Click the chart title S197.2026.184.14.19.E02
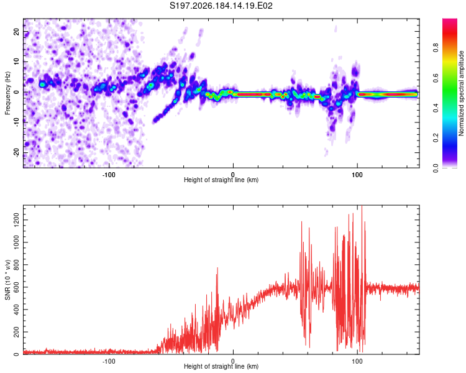click(x=221, y=6)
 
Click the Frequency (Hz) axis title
click(x=7, y=93)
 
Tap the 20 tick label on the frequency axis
click(x=16, y=31)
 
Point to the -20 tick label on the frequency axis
click(x=16, y=153)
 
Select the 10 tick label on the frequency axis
click(x=16, y=62)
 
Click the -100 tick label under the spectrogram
click(x=109, y=175)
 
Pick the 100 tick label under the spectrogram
click(x=357, y=175)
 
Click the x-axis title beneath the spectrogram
click(x=221, y=180)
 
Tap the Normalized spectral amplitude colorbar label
click(x=461, y=93)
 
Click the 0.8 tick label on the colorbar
click(x=436, y=48)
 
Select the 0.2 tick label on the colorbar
click(x=436, y=138)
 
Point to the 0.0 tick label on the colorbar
click(x=436, y=168)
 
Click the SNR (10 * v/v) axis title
click(x=7, y=280)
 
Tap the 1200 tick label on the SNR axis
click(x=16, y=220)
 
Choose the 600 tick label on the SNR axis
click(x=16, y=287)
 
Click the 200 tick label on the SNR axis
click(x=16, y=332)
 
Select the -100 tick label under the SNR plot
click(x=109, y=361)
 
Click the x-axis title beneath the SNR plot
click(x=221, y=366)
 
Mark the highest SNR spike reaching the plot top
click(x=362, y=206)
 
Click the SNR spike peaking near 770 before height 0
click(x=217, y=269)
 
